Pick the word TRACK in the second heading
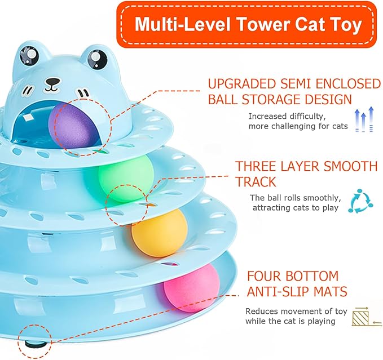pyautogui.click(x=256, y=182)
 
